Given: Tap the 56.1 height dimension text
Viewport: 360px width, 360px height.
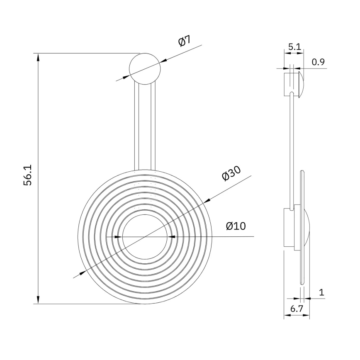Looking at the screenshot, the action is pyautogui.click(x=29, y=175).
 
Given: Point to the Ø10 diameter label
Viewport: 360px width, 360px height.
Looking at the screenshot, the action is pyautogui.click(x=236, y=226).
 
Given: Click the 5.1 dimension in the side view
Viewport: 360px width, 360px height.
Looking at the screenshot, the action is pyautogui.click(x=294, y=47).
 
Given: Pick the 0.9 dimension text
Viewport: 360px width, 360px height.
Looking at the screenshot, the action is pyautogui.click(x=318, y=62).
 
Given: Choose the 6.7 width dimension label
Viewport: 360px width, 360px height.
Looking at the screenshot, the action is pyautogui.click(x=297, y=309).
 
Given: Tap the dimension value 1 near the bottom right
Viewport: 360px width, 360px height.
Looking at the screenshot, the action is pyautogui.click(x=321, y=292).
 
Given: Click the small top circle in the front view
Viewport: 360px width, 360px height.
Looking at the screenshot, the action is pyautogui.click(x=145, y=69).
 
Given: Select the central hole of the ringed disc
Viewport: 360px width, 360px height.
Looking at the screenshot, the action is pyautogui.click(x=145, y=236).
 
